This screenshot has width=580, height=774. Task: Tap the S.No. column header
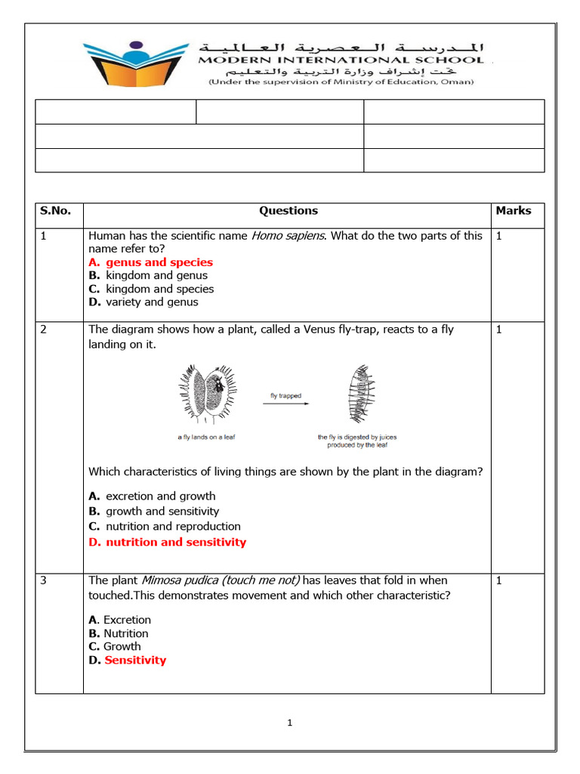click(55, 211)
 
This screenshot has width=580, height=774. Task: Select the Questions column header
click(288, 211)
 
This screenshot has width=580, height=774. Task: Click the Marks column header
click(514, 211)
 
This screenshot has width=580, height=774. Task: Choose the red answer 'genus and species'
click(159, 262)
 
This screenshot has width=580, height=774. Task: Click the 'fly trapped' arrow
click(285, 404)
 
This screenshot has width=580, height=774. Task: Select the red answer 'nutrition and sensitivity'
click(175, 542)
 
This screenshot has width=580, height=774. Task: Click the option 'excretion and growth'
click(160, 497)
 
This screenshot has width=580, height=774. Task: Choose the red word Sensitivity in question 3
click(135, 660)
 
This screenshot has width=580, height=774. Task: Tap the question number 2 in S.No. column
click(44, 330)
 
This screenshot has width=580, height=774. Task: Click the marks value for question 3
click(499, 580)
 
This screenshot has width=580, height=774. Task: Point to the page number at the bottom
click(289, 723)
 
